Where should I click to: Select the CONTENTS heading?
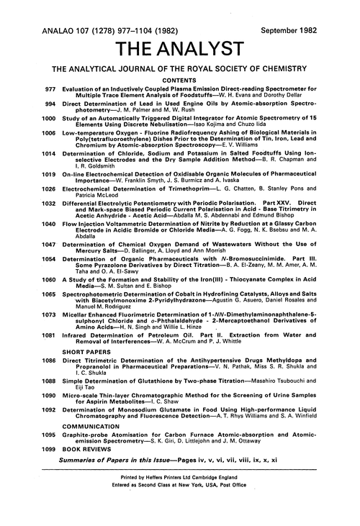tap(179, 83)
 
